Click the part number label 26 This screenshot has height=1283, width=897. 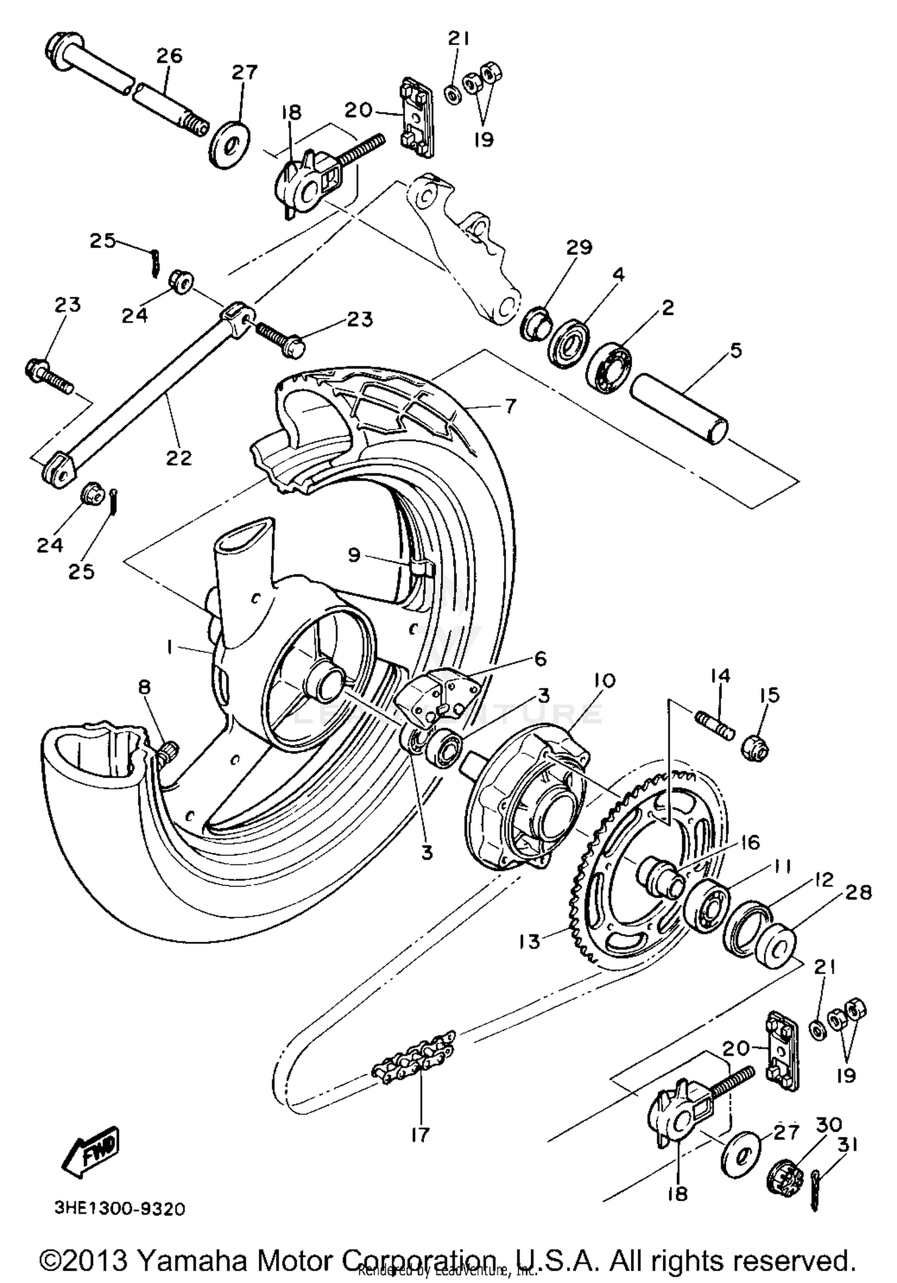pyautogui.click(x=169, y=56)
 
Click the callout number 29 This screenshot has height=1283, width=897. pyautogui.click(x=579, y=247)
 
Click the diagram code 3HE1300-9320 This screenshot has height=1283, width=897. pyautogui.click(x=120, y=1208)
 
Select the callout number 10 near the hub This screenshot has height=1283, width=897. pyautogui.click(x=605, y=680)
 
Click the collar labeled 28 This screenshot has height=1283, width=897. pyautogui.click(x=776, y=945)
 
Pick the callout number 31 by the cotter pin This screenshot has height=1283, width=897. pyautogui.click(x=847, y=1145)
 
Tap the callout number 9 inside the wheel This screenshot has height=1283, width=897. pyautogui.click(x=354, y=555)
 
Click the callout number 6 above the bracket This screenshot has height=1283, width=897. pyautogui.click(x=540, y=659)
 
